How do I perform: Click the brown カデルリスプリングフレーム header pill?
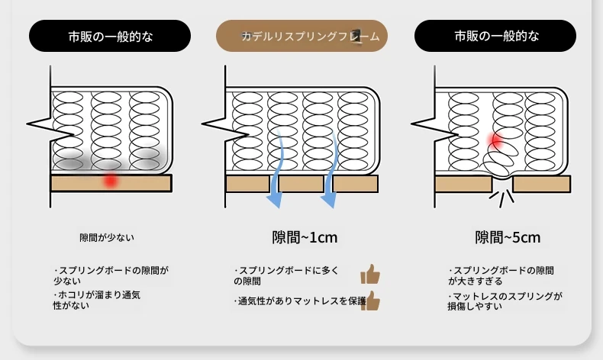(302, 36)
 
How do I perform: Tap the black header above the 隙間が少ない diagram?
(110, 36)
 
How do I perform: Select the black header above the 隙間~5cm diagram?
(495, 36)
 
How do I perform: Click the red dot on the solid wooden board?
(111, 180)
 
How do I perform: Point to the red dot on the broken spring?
(495, 140)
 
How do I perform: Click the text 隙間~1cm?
(305, 237)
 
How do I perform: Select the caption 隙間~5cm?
(508, 237)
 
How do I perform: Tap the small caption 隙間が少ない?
(107, 238)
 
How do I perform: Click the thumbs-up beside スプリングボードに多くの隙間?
(370, 274)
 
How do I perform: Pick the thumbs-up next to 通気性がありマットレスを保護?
(371, 301)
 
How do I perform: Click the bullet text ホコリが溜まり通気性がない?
(96, 300)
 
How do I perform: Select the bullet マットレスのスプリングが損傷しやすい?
(505, 301)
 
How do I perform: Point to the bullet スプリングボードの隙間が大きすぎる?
(501, 276)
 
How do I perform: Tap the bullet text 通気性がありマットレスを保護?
(300, 301)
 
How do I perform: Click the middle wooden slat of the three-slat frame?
(301, 184)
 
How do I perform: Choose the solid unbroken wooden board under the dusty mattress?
(111, 183)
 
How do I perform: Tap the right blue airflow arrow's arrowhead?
(329, 200)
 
